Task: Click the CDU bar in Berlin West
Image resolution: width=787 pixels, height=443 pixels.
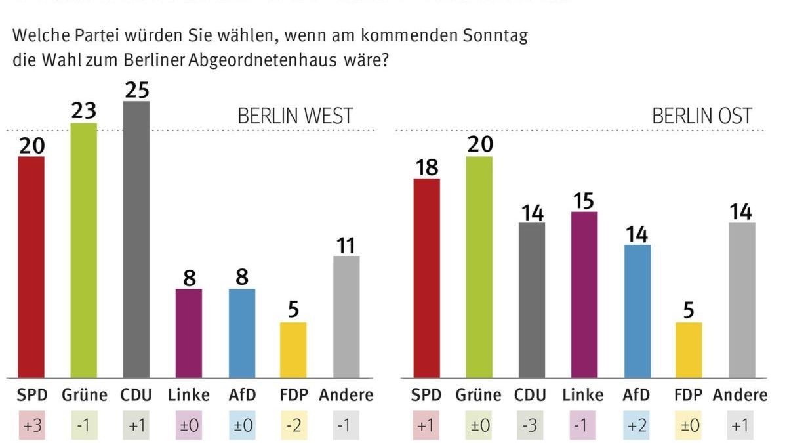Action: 136,240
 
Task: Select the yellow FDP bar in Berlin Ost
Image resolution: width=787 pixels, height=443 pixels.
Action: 689,350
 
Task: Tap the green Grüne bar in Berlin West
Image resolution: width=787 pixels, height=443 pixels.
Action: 84,250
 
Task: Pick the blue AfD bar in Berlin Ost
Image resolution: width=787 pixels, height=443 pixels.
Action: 636,311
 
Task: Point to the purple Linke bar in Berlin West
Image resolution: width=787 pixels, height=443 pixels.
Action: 189,333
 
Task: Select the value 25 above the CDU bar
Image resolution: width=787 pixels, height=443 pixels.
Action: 136,90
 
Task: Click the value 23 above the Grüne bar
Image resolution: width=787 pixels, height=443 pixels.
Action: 84,112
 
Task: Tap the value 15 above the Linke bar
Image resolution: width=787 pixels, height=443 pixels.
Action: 584,201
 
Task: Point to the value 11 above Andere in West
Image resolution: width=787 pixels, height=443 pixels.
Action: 346,245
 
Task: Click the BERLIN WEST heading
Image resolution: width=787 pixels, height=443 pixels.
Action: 295,116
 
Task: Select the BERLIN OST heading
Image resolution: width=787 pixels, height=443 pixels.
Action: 702,116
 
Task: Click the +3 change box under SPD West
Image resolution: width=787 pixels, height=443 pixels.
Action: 31,425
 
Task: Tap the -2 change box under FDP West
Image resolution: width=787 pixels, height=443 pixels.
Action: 294,425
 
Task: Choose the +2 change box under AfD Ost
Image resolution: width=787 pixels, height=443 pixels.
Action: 636,425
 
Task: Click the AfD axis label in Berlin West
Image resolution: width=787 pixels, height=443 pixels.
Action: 241,395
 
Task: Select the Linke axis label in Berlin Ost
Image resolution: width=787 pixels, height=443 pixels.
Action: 583,395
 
